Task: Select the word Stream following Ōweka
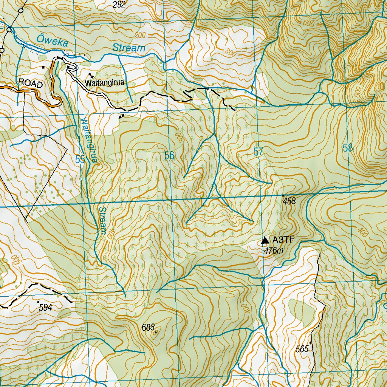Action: pos(129,48)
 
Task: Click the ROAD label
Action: pos(30,84)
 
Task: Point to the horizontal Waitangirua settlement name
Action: pos(105,83)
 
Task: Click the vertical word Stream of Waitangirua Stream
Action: pos(102,220)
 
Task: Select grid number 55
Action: pos(80,159)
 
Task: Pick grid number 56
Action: pos(169,155)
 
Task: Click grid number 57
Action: pos(258,152)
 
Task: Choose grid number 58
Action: pos(348,148)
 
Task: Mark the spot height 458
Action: pos(289,201)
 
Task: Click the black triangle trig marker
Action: pos(265,240)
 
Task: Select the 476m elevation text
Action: pos(274,250)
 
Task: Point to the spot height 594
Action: pos(45,308)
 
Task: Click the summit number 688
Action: pos(148,327)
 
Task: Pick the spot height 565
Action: pos(302,349)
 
